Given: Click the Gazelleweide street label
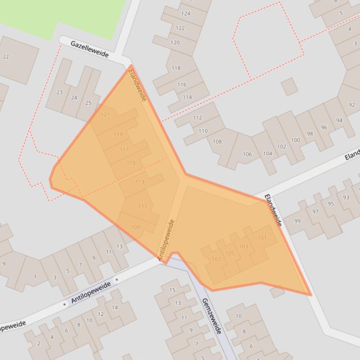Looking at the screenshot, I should coord(89,49).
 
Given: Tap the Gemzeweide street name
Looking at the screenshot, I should coord(211,316).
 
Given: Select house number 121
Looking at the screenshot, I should coord(105,115).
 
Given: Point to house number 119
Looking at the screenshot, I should coord(118,134).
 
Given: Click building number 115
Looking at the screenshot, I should coord(131,163).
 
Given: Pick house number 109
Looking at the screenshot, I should coord(135,227).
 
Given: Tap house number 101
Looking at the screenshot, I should coord(262,238).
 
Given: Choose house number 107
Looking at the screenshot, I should coord(216,259).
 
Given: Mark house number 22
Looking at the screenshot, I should coord(6,57).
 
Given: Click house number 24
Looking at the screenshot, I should coord(74,98).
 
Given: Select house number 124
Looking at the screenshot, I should coord(186,14).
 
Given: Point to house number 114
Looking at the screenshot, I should coord(187,97).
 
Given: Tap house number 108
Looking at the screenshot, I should coord(217,142).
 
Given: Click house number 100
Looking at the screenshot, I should coord(295,140).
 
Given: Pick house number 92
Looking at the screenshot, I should coord(352,105).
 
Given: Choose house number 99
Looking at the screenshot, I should coord(298,221).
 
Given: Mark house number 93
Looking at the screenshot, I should coord(346,197).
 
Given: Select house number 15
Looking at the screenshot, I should coord(172,290).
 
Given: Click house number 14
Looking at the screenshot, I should coord(115,308).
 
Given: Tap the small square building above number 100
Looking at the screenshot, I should coord(289,86).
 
